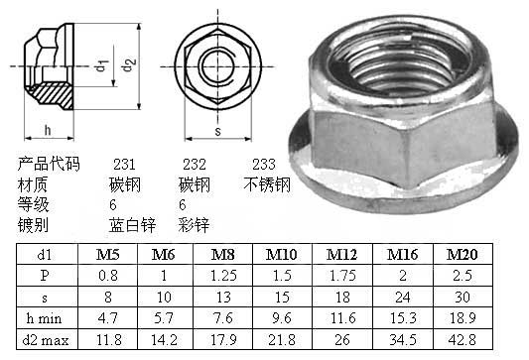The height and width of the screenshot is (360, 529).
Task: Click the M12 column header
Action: pos(341,255)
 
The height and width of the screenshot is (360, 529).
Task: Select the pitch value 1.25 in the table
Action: pos(223,276)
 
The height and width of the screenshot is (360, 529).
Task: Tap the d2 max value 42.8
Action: pos(463,340)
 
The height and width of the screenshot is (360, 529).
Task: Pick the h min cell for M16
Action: pos(403,318)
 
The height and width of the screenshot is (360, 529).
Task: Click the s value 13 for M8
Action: pos(223,298)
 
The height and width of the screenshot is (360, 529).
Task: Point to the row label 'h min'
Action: pos(45,318)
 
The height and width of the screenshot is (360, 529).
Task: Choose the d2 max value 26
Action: pos(342,340)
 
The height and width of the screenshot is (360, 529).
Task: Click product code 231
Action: pos(124,165)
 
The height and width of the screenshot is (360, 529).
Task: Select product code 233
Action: pos(264,165)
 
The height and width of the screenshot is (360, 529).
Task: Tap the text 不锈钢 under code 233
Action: pos(267,184)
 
